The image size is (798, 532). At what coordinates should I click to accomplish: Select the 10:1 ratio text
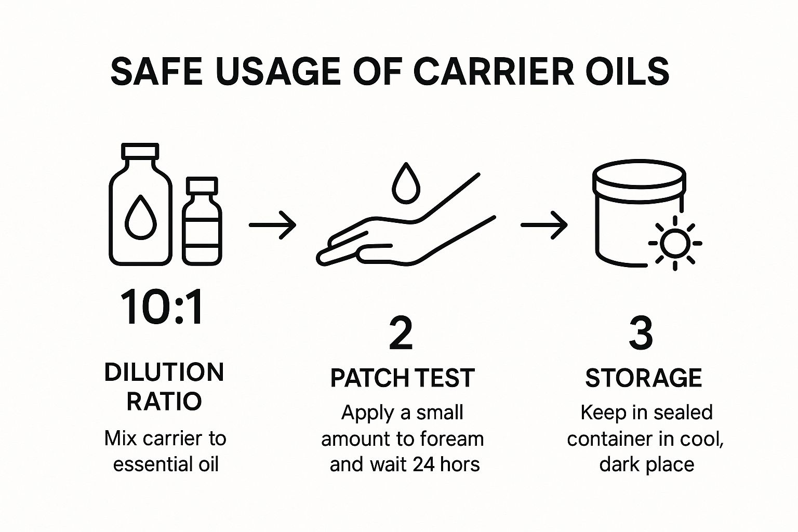(x=162, y=307)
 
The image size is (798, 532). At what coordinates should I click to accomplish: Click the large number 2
(x=401, y=333)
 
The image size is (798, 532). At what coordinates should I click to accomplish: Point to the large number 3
(x=641, y=333)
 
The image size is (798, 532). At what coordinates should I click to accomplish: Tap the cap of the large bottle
(x=140, y=151)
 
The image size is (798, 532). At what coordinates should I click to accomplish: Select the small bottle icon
(x=202, y=221)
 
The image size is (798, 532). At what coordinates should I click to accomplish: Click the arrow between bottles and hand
(x=273, y=225)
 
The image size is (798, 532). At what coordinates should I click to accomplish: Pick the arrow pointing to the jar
(x=544, y=225)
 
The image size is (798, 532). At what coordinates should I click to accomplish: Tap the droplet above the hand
(x=406, y=183)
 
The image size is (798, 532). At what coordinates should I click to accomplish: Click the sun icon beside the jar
(x=675, y=243)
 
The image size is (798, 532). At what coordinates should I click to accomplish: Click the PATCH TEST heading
(x=403, y=378)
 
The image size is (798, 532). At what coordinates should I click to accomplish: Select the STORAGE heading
(x=643, y=378)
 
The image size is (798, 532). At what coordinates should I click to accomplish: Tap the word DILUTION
(x=164, y=373)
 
